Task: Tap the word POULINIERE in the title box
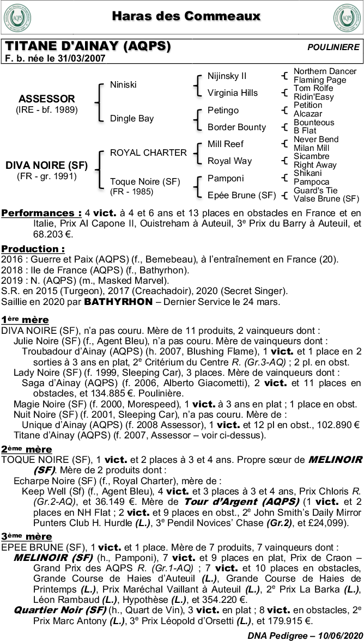coord(333,47)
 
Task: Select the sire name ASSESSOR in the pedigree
coord(46,99)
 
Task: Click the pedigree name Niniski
coord(123,85)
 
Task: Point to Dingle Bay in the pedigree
coord(132,118)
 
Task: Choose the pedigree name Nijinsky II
coord(227,76)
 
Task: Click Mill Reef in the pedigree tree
coord(226,144)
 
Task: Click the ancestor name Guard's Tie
coord(316,191)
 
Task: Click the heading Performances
coord(41,213)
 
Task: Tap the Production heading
coord(33,249)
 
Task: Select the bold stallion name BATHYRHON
coord(113,302)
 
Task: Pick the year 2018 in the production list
coord(11,270)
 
